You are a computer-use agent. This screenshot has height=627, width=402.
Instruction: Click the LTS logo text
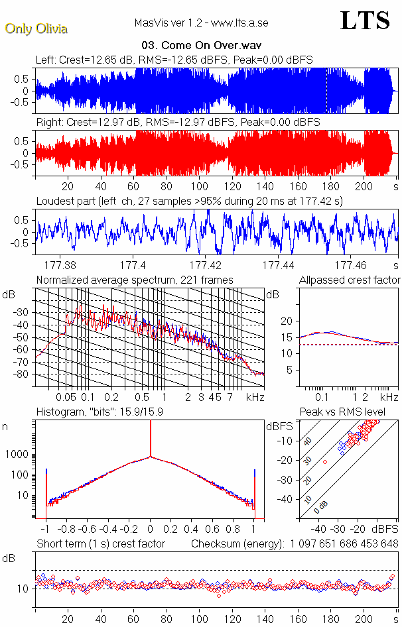coord(364,21)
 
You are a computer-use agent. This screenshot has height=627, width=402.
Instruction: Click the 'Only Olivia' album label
coord(36,28)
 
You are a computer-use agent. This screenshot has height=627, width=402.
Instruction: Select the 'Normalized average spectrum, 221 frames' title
coord(135,280)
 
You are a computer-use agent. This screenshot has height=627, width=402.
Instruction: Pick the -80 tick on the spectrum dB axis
coord(23,374)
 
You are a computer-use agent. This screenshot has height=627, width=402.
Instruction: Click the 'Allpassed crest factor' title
coord(350,280)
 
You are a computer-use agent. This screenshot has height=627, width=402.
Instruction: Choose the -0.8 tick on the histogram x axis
coord(66,530)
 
